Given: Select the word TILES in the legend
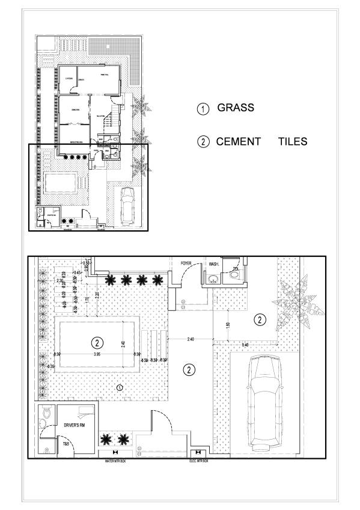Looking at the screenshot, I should (x=293, y=142).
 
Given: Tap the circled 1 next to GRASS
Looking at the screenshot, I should (x=204, y=109).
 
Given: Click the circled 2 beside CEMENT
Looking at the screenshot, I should (x=204, y=143).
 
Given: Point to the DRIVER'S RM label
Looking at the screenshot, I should (x=76, y=425).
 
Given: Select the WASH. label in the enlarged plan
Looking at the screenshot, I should (x=215, y=264).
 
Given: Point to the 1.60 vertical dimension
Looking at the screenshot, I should (x=228, y=325).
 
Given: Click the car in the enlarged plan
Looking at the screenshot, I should (x=264, y=402).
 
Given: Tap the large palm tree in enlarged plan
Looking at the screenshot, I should (x=298, y=303).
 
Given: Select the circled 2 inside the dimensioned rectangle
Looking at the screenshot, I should (x=96, y=343).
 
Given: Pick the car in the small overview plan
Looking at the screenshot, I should (x=127, y=206).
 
